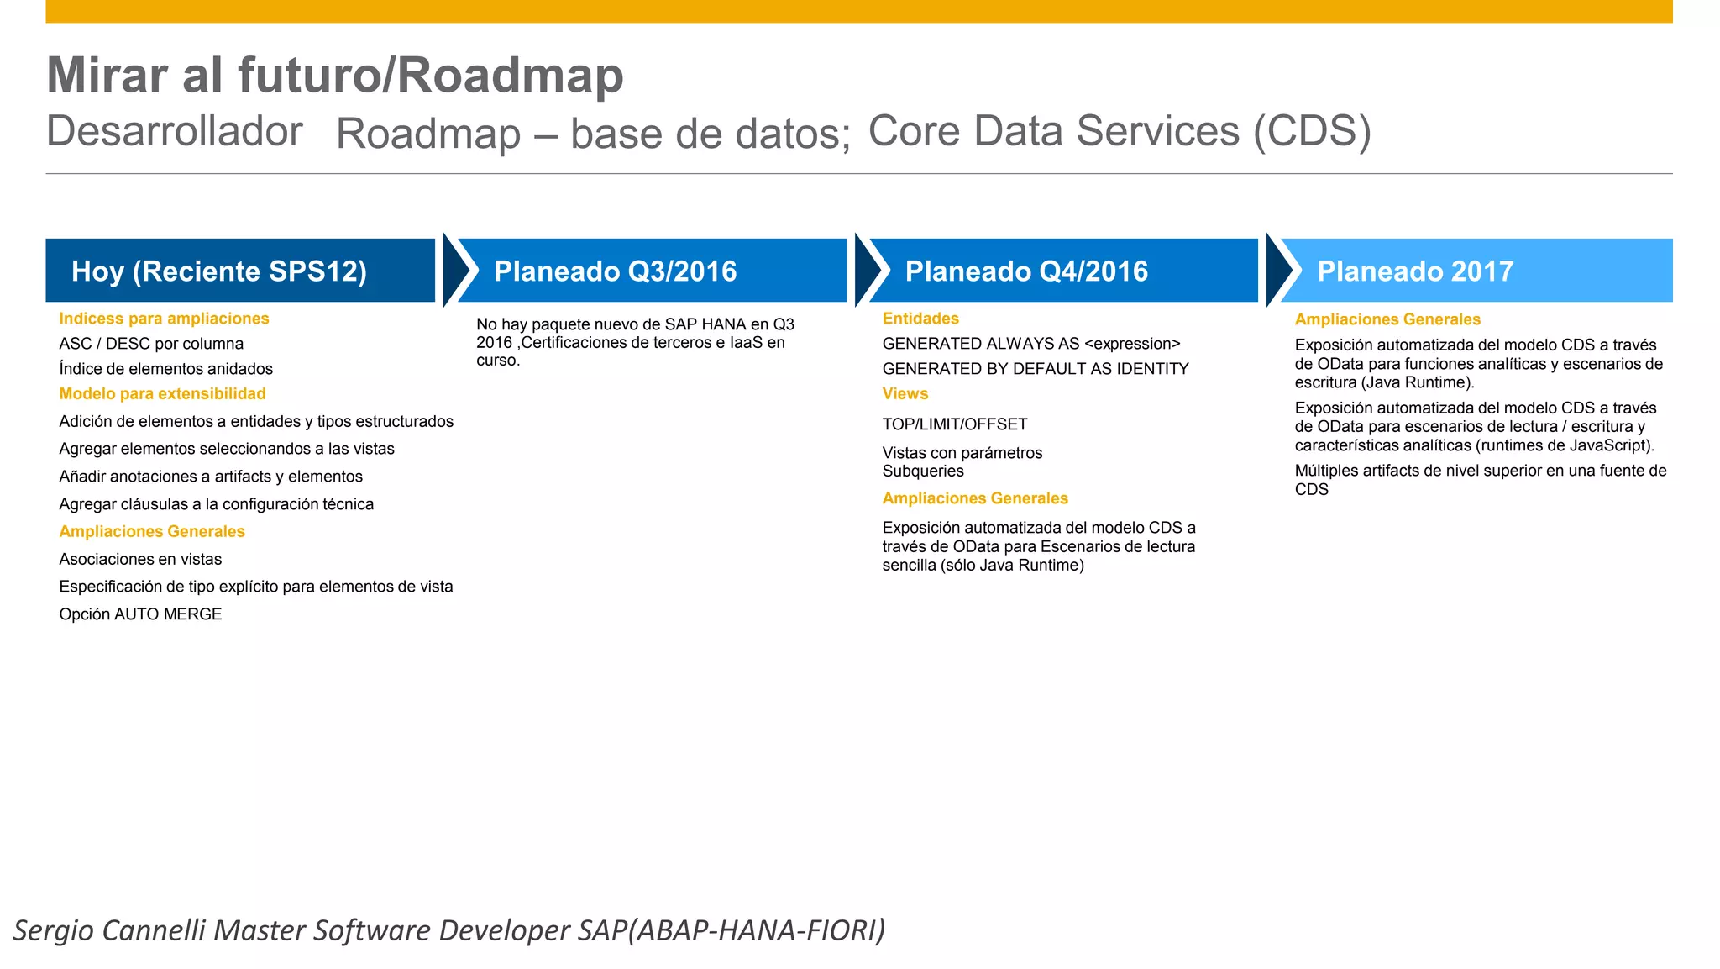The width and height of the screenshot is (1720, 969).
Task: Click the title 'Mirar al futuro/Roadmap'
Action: pyautogui.click(x=334, y=76)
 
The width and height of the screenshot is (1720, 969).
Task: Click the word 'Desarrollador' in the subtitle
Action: pyautogui.click(x=174, y=131)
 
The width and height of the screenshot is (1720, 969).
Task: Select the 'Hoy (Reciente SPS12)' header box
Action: pyautogui.click(x=239, y=271)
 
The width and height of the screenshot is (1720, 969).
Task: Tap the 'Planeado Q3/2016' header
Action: pyautogui.click(x=652, y=271)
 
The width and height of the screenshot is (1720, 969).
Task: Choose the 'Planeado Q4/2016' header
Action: pyautogui.click(x=1063, y=271)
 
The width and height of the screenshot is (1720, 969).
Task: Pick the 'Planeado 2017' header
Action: pyautogui.click(x=1475, y=271)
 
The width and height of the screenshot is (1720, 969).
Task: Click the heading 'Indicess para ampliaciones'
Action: pyautogui.click(x=164, y=319)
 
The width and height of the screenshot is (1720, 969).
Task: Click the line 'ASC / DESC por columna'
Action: pyautogui.click(x=151, y=344)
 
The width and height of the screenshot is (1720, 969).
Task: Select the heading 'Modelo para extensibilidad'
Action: pyautogui.click(x=162, y=393)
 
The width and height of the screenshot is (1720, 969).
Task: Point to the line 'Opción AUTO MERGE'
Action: pyautogui.click(x=140, y=614)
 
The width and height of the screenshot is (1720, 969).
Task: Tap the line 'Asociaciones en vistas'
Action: pyautogui.click(x=140, y=559)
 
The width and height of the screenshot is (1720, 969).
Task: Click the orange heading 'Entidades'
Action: pyautogui.click(x=920, y=319)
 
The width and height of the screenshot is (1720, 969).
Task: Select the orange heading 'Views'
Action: pyautogui.click(x=905, y=393)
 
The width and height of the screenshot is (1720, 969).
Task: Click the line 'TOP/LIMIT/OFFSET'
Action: pyautogui.click(x=955, y=424)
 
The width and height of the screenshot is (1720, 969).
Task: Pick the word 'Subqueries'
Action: pyautogui.click(x=923, y=471)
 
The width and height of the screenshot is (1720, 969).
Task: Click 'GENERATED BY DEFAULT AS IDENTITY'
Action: pyautogui.click(x=1036, y=369)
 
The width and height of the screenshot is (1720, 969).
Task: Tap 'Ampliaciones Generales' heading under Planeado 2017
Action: pyautogui.click(x=1387, y=319)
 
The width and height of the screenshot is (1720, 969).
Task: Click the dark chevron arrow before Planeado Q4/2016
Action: pyautogui.click(x=866, y=271)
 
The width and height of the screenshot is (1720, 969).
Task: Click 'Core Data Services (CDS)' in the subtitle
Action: pyautogui.click(x=1120, y=131)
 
